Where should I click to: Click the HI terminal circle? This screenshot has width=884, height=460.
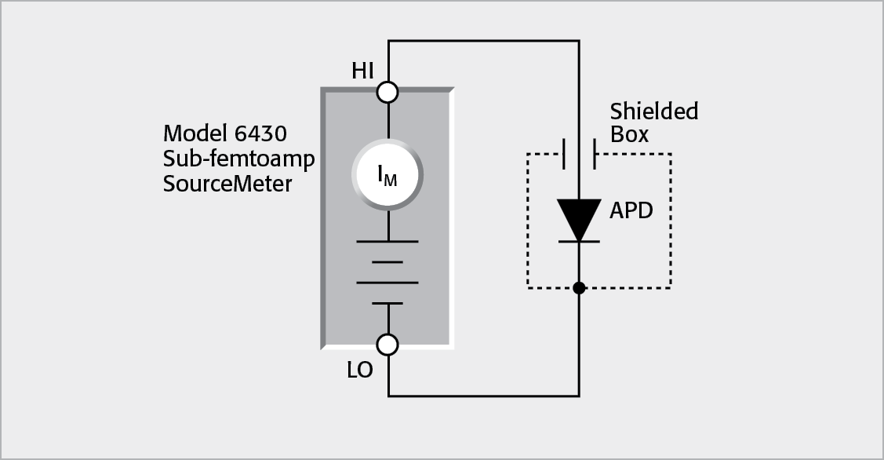pyautogui.click(x=387, y=93)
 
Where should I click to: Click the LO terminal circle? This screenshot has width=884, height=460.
pyautogui.click(x=387, y=344)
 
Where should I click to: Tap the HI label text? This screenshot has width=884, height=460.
pyautogui.click(x=362, y=71)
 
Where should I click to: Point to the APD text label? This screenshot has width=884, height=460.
pyautogui.click(x=631, y=211)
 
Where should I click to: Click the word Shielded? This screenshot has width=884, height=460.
pyautogui.click(x=653, y=111)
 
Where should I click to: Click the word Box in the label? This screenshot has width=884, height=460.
pyautogui.click(x=629, y=135)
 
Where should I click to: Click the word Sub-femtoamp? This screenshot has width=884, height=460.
pyautogui.click(x=238, y=159)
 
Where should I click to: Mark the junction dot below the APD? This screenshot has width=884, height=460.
pyautogui.click(x=579, y=288)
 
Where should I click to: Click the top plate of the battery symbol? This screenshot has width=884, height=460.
pyautogui.click(x=387, y=242)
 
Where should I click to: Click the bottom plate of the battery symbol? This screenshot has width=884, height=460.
pyautogui.click(x=387, y=303)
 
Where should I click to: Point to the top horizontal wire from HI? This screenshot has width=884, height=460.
pyautogui.click(x=483, y=41)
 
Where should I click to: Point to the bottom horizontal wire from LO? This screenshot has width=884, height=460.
pyautogui.click(x=483, y=396)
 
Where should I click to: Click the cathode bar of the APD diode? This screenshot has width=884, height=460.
pyautogui.click(x=579, y=242)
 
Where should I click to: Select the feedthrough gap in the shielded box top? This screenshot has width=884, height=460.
pyautogui.click(x=579, y=154)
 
